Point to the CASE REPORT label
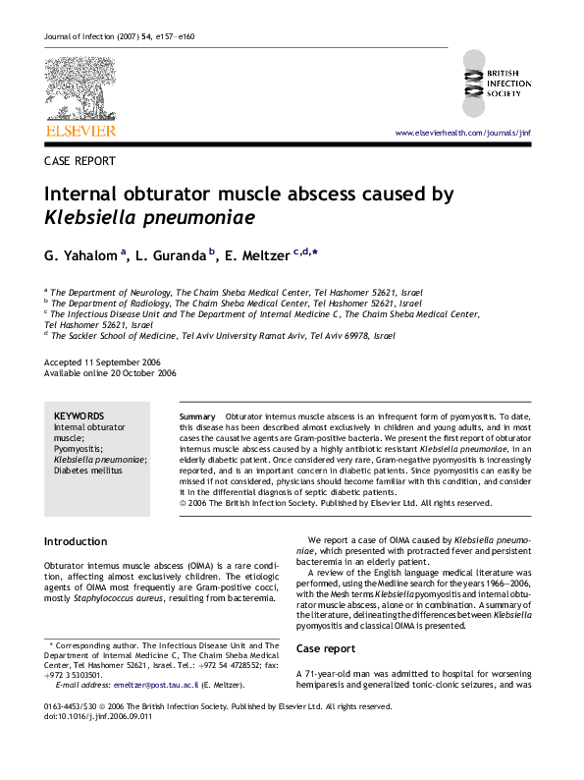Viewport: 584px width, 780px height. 80,160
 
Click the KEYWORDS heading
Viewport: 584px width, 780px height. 78,417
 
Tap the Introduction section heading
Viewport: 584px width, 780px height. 76,541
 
